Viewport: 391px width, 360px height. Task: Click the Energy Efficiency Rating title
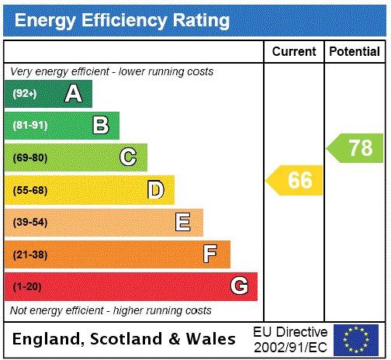point(122,20)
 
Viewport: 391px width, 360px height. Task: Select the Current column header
point(294,52)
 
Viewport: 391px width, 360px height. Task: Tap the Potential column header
point(355,52)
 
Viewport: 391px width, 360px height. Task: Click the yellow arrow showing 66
point(295,181)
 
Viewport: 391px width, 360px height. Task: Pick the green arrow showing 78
point(355,148)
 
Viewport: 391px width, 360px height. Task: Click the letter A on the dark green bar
point(73,94)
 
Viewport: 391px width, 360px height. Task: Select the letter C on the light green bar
point(128,158)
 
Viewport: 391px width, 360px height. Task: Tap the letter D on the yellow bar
point(156,190)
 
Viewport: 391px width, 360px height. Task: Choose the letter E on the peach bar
point(183,223)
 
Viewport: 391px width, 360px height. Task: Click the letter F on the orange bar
point(210,254)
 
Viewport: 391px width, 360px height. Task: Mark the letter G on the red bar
point(240,287)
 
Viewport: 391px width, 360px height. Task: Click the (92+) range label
point(25,94)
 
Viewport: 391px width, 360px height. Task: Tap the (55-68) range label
point(30,190)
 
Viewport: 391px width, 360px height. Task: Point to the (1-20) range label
point(28,287)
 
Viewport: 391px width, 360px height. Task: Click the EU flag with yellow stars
point(355,340)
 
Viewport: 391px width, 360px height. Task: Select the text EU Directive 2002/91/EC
point(290,340)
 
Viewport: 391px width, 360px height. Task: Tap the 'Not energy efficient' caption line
point(110,310)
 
